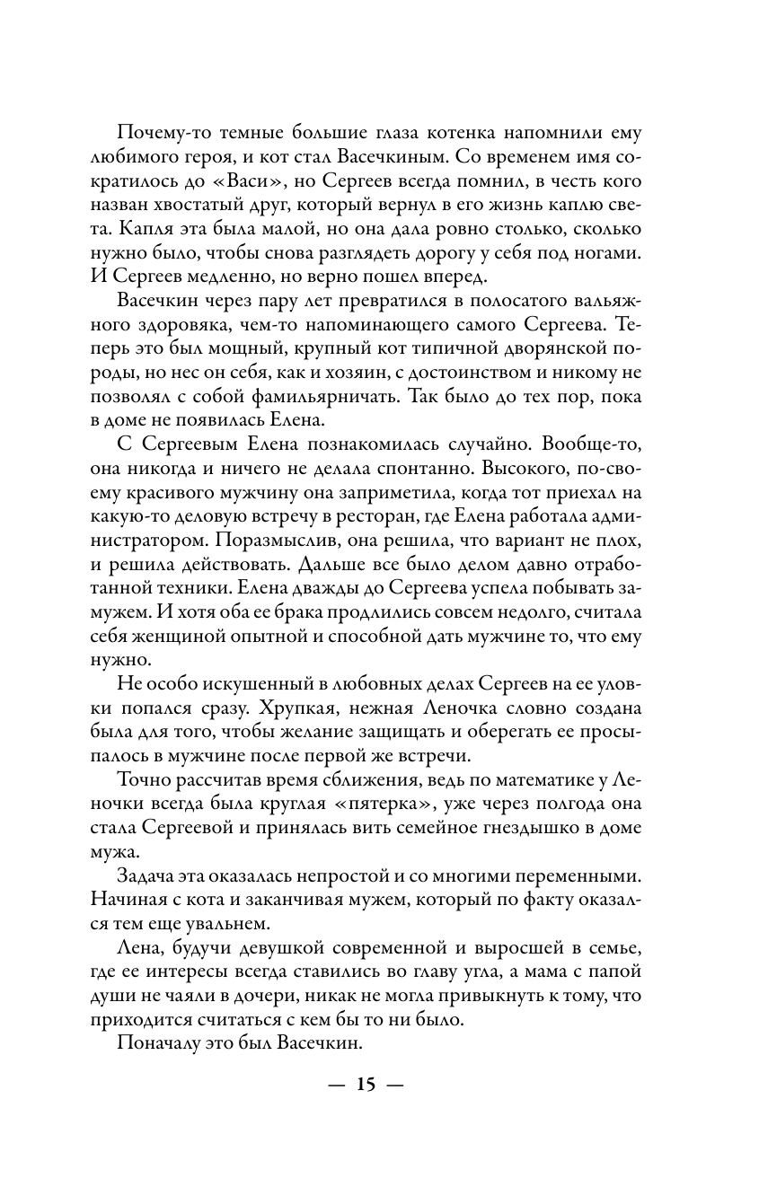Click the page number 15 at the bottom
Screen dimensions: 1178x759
coord(366,1085)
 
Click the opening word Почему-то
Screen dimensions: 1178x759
coord(166,133)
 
